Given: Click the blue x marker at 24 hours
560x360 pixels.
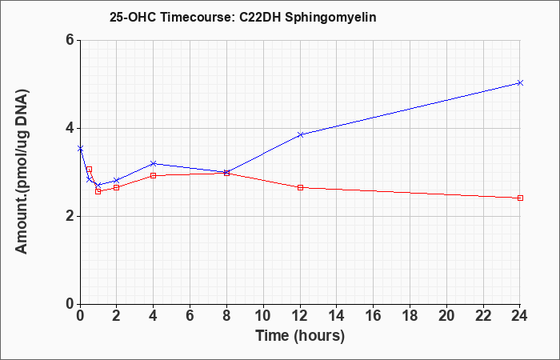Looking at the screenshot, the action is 520,83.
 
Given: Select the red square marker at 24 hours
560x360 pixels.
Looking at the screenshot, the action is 520,198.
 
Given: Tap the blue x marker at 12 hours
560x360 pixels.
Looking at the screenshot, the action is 300,134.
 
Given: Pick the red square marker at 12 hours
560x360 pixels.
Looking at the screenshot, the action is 300,187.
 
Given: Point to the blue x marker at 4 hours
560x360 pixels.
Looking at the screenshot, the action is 154,163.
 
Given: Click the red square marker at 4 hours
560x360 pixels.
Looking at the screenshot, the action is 154,176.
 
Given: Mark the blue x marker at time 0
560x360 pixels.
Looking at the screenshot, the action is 80,148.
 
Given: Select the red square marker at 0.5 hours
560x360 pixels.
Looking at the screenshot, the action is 90,170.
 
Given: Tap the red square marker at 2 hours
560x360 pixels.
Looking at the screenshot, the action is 117,187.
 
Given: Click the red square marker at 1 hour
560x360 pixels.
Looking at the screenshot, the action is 98,191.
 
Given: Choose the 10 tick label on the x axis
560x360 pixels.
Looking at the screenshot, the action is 263,316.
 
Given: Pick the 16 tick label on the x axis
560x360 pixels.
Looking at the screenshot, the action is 374,316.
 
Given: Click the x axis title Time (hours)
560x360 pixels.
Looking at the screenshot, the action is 300,336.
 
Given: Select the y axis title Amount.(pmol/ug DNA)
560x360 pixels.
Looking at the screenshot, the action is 22,172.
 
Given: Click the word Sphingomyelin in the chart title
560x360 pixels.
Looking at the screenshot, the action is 330,18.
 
